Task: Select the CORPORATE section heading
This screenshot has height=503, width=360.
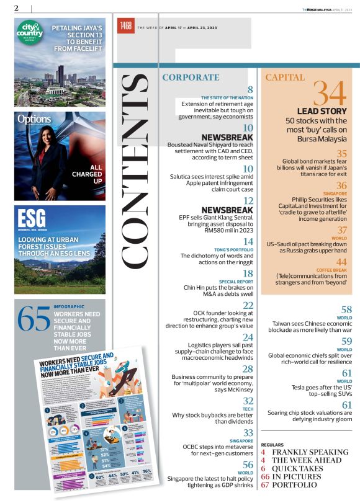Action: [x=191, y=78]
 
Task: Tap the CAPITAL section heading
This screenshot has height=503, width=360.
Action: [x=285, y=78]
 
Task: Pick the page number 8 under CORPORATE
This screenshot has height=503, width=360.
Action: [x=250, y=90]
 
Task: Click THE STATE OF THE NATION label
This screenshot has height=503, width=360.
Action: [x=227, y=97]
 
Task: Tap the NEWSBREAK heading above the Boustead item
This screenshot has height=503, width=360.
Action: [x=227, y=137]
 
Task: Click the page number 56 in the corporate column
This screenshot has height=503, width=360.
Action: [x=247, y=465]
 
